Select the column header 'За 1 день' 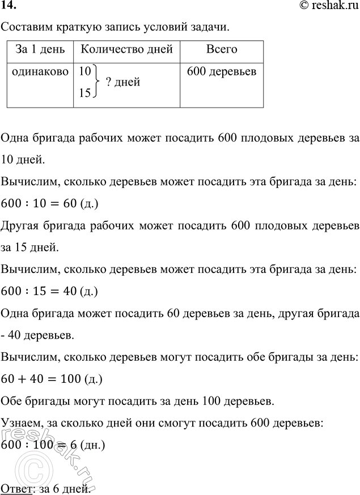(40, 49)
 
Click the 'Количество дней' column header (126, 49)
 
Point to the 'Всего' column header (221, 49)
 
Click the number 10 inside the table (85, 72)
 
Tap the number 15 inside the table (85, 93)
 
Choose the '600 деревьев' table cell (221, 72)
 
